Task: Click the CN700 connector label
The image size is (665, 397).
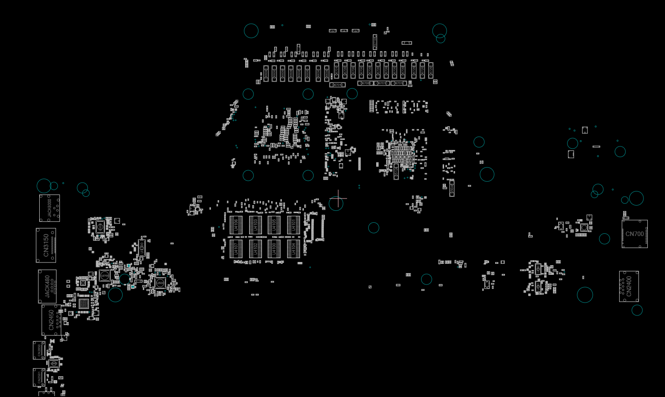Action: tap(635, 234)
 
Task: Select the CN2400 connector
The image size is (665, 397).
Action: tap(629, 286)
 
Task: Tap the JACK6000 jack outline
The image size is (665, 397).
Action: tap(49, 208)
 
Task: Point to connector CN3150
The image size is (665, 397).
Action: tap(46, 245)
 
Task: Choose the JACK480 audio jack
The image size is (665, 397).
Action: tap(47, 286)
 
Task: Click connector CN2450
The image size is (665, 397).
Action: tap(52, 320)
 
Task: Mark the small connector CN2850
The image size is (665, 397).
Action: tap(39, 350)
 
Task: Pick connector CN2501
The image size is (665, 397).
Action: tap(39, 378)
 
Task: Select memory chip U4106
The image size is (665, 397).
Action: tap(236, 225)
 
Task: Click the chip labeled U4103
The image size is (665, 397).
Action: tap(255, 225)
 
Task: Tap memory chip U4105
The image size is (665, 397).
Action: tap(274, 225)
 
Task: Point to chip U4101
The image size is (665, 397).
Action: tap(293, 225)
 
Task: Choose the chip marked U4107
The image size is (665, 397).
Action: tap(236, 249)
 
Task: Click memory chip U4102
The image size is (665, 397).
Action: tap(255, 249)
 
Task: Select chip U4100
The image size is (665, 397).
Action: tap(274, 249)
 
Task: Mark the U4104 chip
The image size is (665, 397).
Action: tap(293, 249)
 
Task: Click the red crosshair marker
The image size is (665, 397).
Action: tap(338, 198)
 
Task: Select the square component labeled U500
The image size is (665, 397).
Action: tap(160, 283)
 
